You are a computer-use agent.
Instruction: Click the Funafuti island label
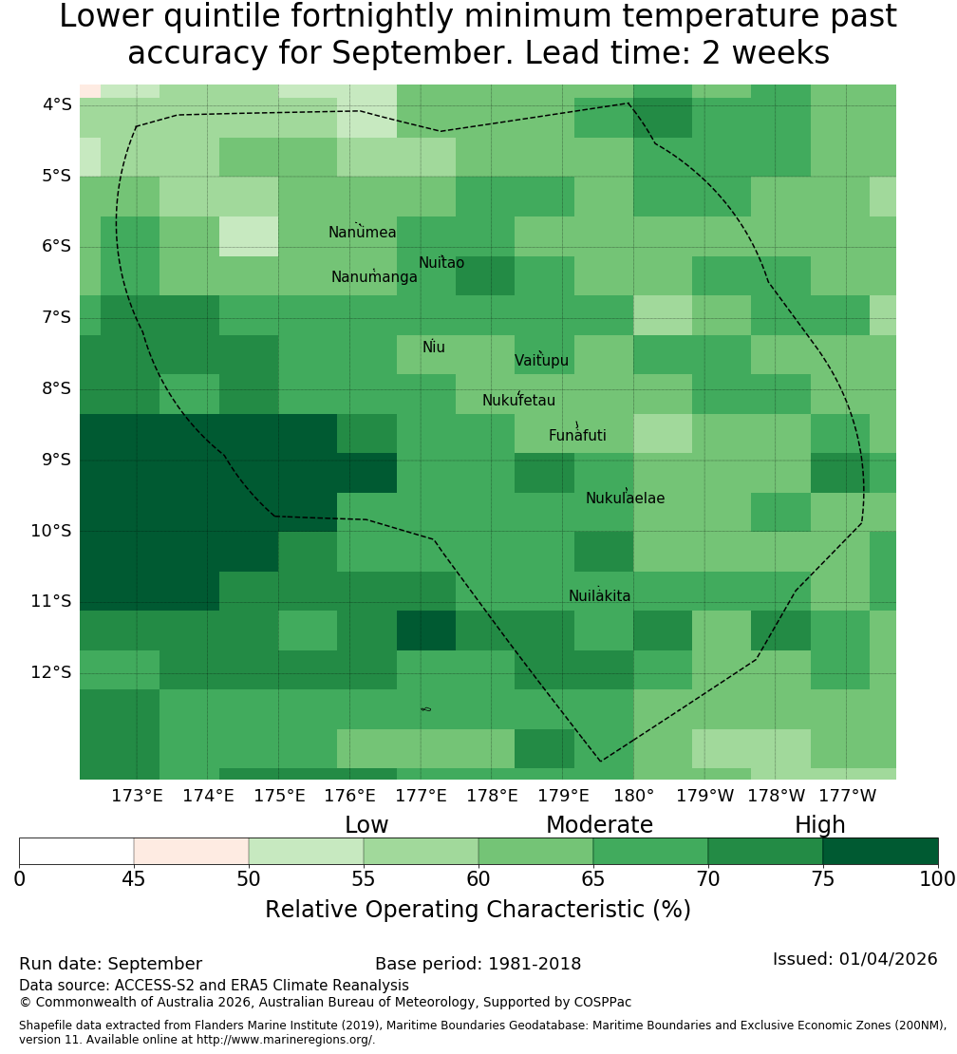[577, 435]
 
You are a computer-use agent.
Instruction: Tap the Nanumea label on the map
[363, 232]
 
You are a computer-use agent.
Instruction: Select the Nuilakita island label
[599, 595]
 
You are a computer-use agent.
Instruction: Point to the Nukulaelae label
[625, 499]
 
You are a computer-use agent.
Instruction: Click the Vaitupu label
[542, 360]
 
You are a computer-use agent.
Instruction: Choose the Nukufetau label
[518, 400]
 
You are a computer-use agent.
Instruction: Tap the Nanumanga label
[374, 277]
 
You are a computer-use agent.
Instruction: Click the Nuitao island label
[441, 262]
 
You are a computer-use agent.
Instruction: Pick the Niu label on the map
[434, 347]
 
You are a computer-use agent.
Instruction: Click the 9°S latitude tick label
[56, 460]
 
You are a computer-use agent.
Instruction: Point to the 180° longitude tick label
[634, 796]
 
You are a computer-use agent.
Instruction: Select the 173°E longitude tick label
[137, 796]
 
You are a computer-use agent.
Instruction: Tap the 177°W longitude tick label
[848, 796]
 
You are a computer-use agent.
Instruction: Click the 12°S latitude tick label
[51, 672]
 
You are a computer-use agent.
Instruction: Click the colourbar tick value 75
[822, 878]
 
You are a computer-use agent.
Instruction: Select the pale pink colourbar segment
[191, 851]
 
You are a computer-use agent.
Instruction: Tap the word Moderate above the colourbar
[599, 825]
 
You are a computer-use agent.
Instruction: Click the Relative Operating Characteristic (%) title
[478, 910]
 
